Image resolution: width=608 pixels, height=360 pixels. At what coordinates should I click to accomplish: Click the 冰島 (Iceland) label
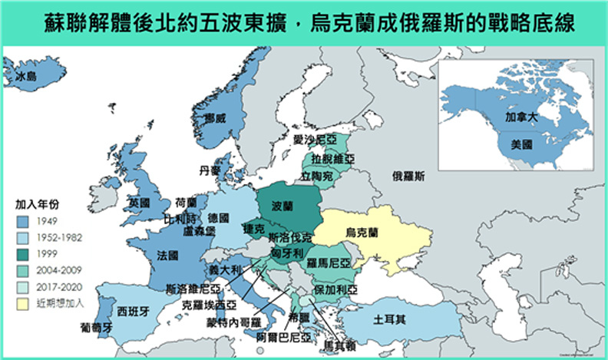(26, 77)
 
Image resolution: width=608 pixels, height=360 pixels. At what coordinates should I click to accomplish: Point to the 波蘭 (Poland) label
(283, 207)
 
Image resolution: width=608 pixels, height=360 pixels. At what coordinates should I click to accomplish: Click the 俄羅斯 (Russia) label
(408, 176)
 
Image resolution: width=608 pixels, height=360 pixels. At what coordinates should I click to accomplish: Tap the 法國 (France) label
(167, 254)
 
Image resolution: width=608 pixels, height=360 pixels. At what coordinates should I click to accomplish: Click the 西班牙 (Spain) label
(134, 312)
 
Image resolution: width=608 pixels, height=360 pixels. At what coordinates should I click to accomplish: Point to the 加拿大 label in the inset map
(522, 120)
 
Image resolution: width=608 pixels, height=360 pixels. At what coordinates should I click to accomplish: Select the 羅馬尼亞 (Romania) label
(329, 263)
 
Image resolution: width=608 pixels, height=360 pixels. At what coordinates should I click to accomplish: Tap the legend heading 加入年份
(37, 205)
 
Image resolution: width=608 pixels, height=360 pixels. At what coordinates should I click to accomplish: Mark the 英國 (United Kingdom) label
(139, 203)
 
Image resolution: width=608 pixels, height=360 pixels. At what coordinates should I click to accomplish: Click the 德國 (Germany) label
(218, 218)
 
